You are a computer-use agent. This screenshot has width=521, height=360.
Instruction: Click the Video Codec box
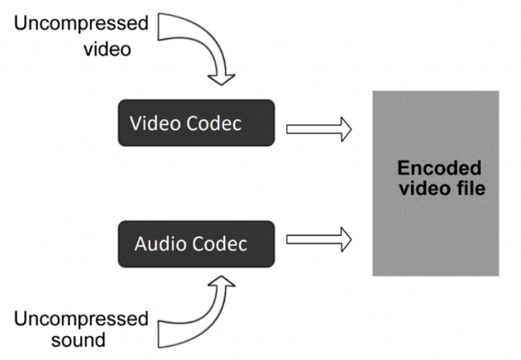point(195,122)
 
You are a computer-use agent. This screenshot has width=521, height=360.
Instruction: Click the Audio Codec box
point(195,243)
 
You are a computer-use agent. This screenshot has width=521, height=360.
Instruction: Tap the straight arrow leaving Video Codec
point(318,129)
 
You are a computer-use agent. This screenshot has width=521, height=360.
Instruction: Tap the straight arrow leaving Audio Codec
point(318,241)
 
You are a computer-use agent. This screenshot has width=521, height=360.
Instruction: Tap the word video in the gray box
point(419,190)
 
